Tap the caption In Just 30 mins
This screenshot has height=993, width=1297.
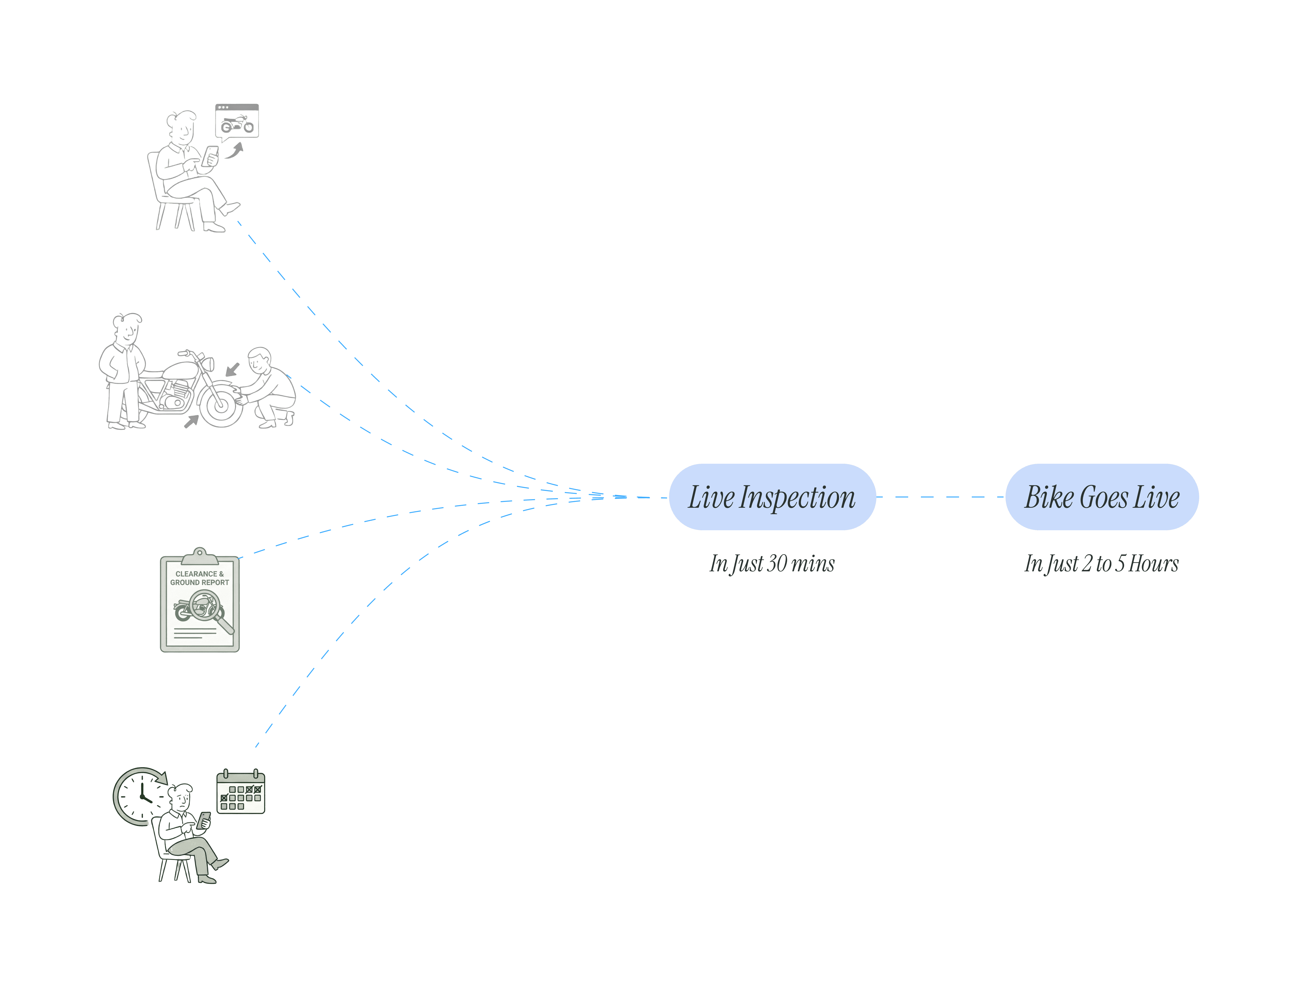772,564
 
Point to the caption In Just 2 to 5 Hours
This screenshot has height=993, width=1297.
1101,564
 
